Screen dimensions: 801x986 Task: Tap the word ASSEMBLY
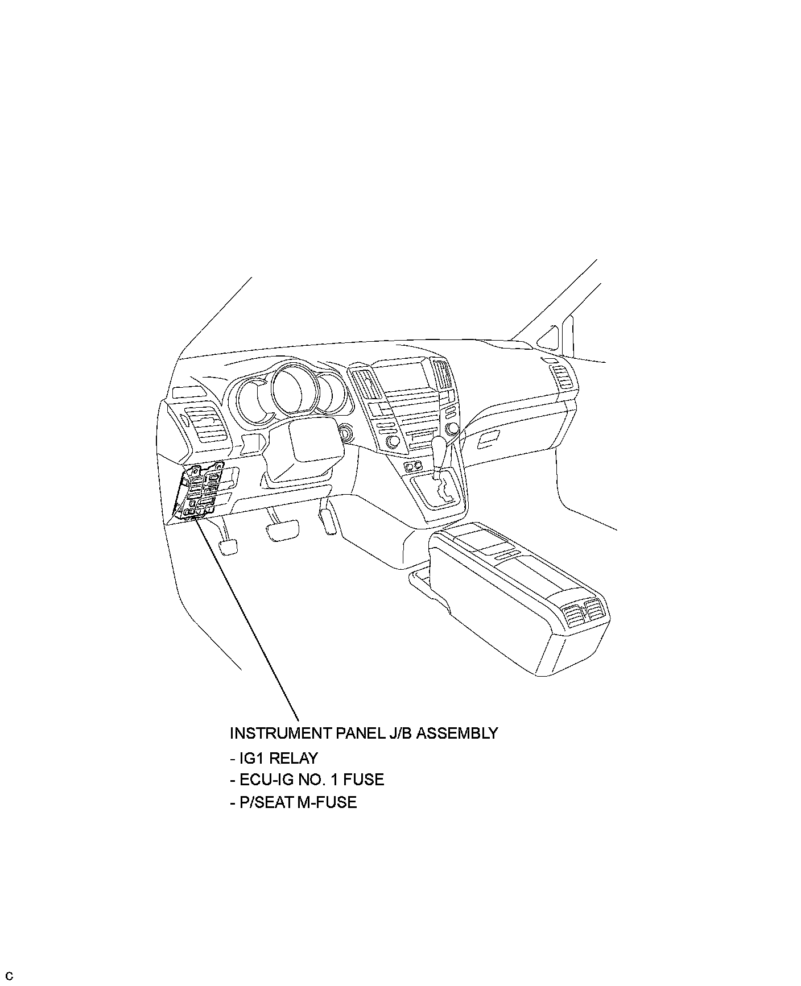point(457,733)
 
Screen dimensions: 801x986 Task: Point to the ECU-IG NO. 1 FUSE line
point(307,779)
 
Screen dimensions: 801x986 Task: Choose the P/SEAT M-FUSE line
point(293,802)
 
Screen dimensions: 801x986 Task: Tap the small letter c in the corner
point(10,976)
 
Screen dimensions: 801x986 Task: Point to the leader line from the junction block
point(250,620)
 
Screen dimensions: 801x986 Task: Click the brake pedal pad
point(283,531)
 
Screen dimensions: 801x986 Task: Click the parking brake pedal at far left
point(228,547)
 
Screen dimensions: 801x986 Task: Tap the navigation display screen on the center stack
point(406,376)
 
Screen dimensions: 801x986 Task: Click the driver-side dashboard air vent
point(205,424)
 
